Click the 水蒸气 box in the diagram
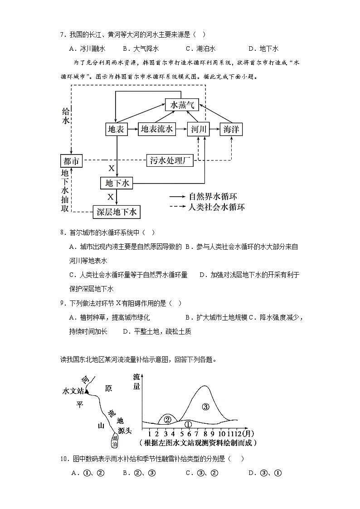(x=181, y=105)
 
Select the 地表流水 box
(x=156, y=130)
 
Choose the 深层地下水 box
(x=117, y=212)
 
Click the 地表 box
(x=116, y=130)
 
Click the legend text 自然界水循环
(x=213, y=197)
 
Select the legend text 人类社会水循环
(x=216, y=207)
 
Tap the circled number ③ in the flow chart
(x=205, y=407)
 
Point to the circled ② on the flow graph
(x=167, y=419)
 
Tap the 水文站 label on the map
(x=73, y=391)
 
